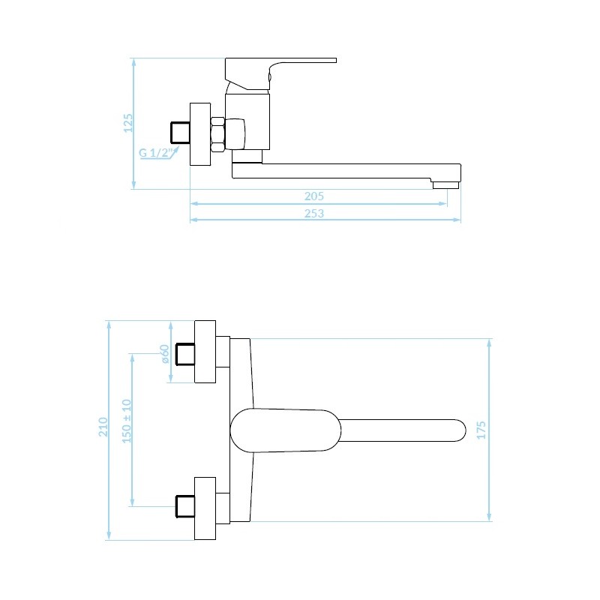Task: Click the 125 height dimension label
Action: pyautogui.click(x=128, y=123)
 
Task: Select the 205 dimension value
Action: pyautogui.click(x=314, y=196)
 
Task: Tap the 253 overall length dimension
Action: pyautogui.click(x=314, y=213)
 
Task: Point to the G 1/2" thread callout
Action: pyautogui.click(x=154, y=153)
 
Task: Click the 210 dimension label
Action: pyautogui.click(x=103, y=427)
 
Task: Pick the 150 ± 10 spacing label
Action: pyautogui.click(x=127, y=421)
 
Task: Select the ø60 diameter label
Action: pyautogui.click(x=164, y=354)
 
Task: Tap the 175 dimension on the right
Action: pyautogui.click(x=481, y=430)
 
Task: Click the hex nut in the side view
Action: pyautogui.click(x=217, y=134)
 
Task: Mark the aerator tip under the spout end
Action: pyautogui.click(x=445, y=185)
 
